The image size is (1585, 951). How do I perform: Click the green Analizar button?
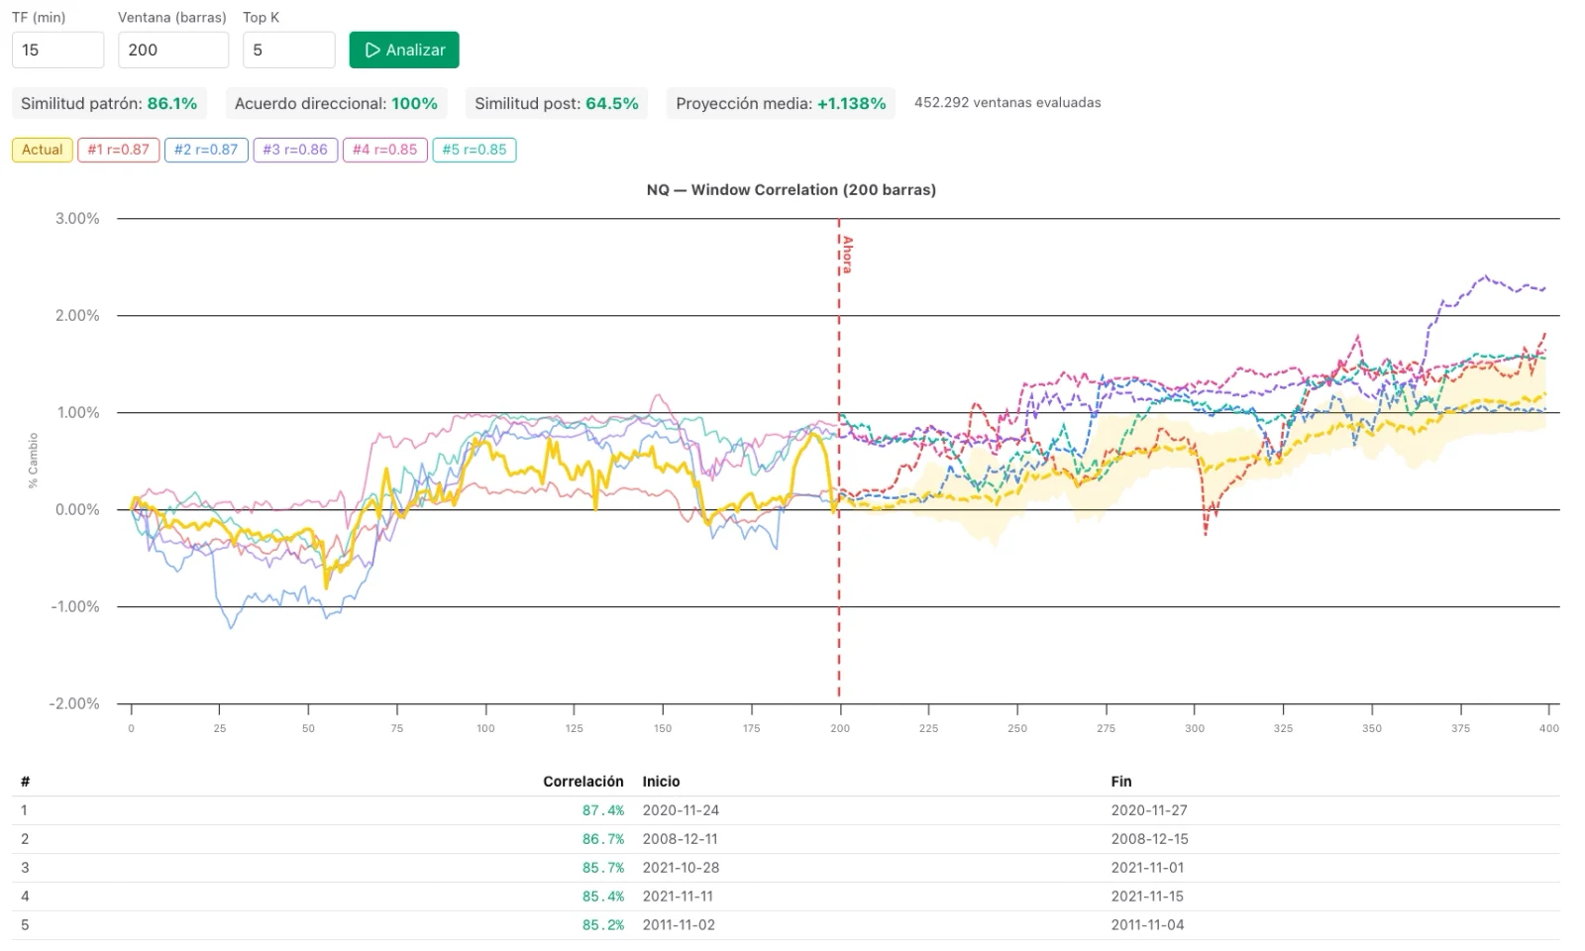coord(404,50)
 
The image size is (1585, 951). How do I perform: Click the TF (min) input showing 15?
coord(58,50)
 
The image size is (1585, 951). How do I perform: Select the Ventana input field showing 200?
coord(173,50)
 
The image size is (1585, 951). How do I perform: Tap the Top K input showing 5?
coord(288,50)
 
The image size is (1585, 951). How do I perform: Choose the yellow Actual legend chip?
coord(43,150)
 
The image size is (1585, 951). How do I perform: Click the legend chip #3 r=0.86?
coord(295,150)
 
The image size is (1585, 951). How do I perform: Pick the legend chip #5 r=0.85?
coord(475,150)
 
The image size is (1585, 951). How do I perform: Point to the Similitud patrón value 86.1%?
coord(172,103)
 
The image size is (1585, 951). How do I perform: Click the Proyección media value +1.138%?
coord(851,103)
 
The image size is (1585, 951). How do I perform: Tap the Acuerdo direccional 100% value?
coord(414,103)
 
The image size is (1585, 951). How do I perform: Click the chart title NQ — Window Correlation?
coord(792,189)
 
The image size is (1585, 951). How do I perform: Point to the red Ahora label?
coord(847,255)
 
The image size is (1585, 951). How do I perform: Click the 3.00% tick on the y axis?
coord(77,219)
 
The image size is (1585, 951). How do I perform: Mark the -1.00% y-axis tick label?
coord(74,606)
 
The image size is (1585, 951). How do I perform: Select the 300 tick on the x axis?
coord(1195,728)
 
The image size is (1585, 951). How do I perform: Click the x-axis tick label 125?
coord(574,728)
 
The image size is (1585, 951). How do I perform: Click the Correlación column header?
coord(583,782)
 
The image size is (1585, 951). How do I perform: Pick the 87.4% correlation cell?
coord(603,810)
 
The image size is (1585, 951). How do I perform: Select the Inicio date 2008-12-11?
coord(680,839)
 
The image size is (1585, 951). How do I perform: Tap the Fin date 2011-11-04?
coord(1148,925)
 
